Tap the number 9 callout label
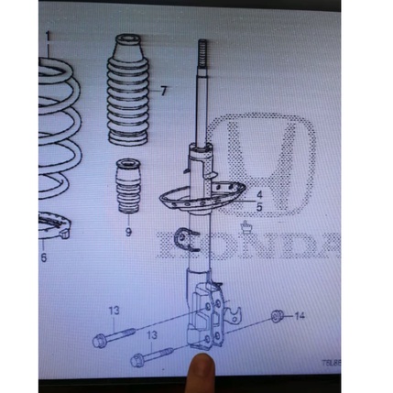coord(128,232)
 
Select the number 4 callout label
coord(259,195)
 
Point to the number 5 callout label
coord(259,208)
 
